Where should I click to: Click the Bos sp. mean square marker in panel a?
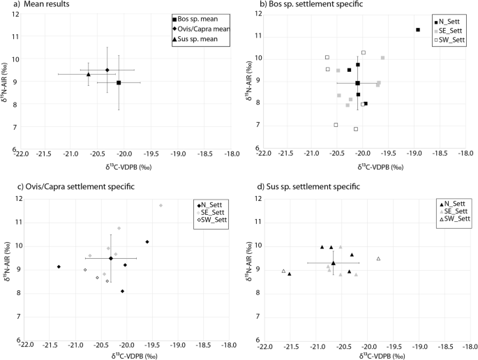[x=119, y=83]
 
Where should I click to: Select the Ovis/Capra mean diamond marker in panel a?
[x=107, y=70]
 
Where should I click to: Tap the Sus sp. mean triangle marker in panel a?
[x=89, y=73]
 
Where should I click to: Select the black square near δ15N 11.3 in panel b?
[x=417, y=29]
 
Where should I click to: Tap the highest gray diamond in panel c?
[x=160, y=205]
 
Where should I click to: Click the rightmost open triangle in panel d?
[x=378, y=259]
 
